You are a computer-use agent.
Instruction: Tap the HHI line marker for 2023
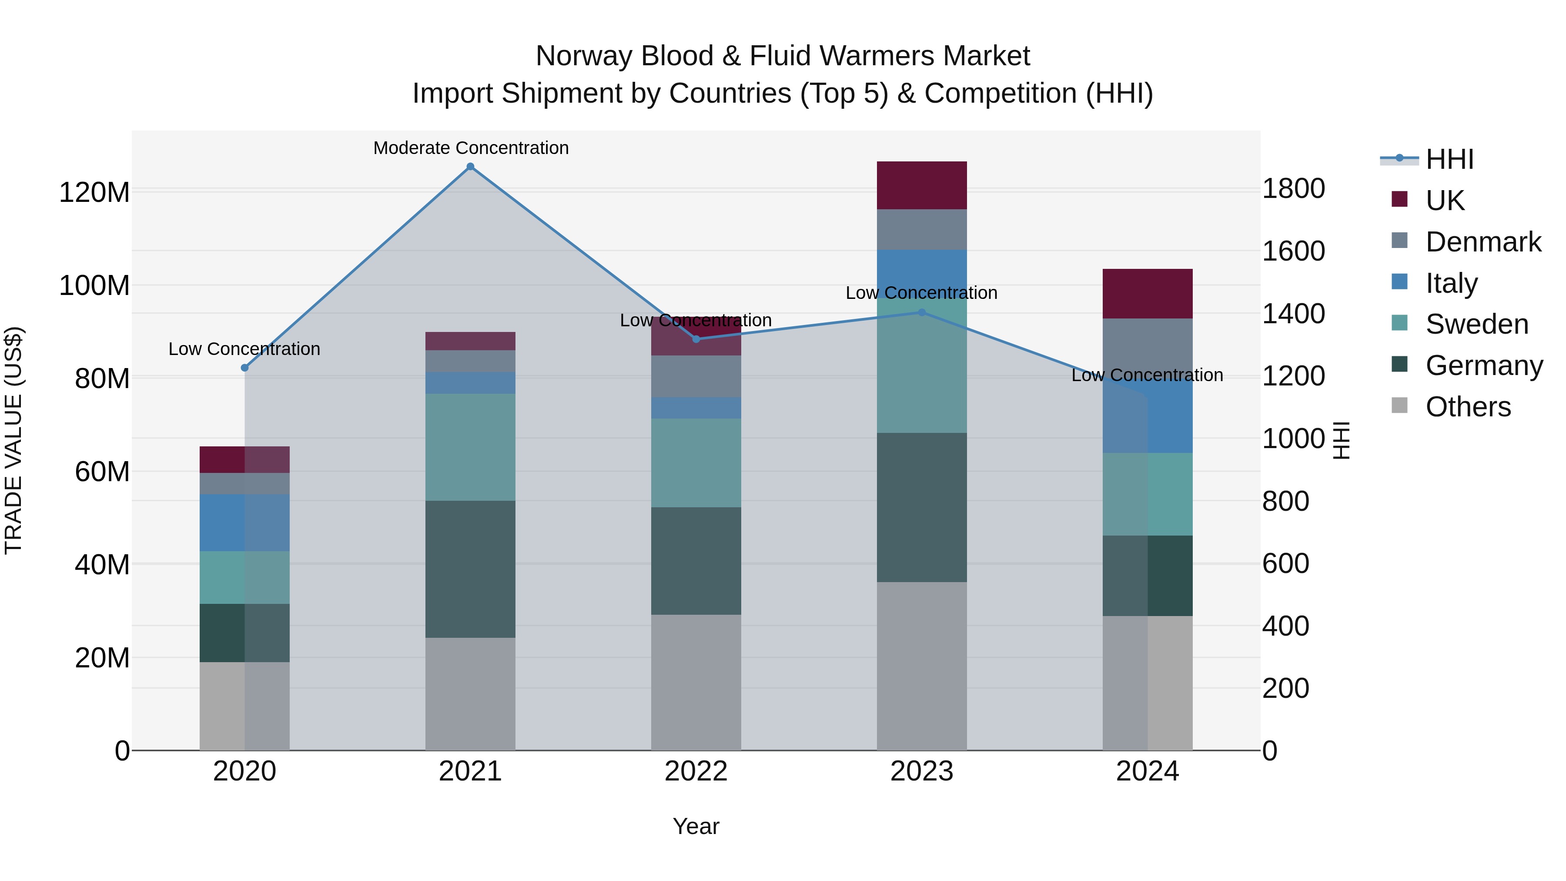[x=922, y=312]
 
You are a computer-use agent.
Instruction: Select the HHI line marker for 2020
[x=244, y=368]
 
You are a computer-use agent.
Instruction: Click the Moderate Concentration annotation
[x=471, y=148]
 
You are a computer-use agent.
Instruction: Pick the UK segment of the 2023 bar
[x=922, y=185]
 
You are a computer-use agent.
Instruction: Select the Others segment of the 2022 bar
[x=696, y=682]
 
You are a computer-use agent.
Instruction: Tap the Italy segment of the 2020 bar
[x=244, y=523]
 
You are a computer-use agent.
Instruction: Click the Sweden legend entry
[x=1476, y=324]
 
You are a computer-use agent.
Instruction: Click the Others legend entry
[x=1468, y=407]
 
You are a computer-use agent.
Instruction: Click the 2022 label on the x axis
[x=696, y=771]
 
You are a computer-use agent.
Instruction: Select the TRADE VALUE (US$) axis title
[x=14, y=440]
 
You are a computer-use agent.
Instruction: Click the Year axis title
[x=696, y=826]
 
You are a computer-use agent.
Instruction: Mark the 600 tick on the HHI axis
[x=1285, y=563]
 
